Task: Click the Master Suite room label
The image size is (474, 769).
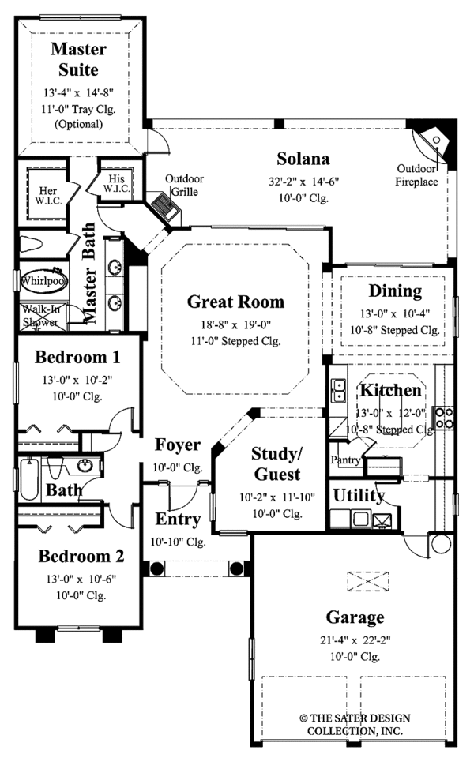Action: (79, 58)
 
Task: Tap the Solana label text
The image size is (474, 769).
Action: (303, 156)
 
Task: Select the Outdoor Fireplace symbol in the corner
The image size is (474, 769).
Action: (434, 141)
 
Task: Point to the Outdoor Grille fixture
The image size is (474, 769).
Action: (166, 209)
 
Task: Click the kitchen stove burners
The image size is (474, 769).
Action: (444, 417)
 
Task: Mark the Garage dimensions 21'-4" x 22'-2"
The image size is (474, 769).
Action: (353, 637)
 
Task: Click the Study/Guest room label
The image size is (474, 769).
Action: (276, 463)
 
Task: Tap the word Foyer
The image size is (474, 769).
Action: (177, 445)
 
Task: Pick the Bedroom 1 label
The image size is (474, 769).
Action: (77, 357)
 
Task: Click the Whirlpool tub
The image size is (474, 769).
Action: (43, 280)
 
